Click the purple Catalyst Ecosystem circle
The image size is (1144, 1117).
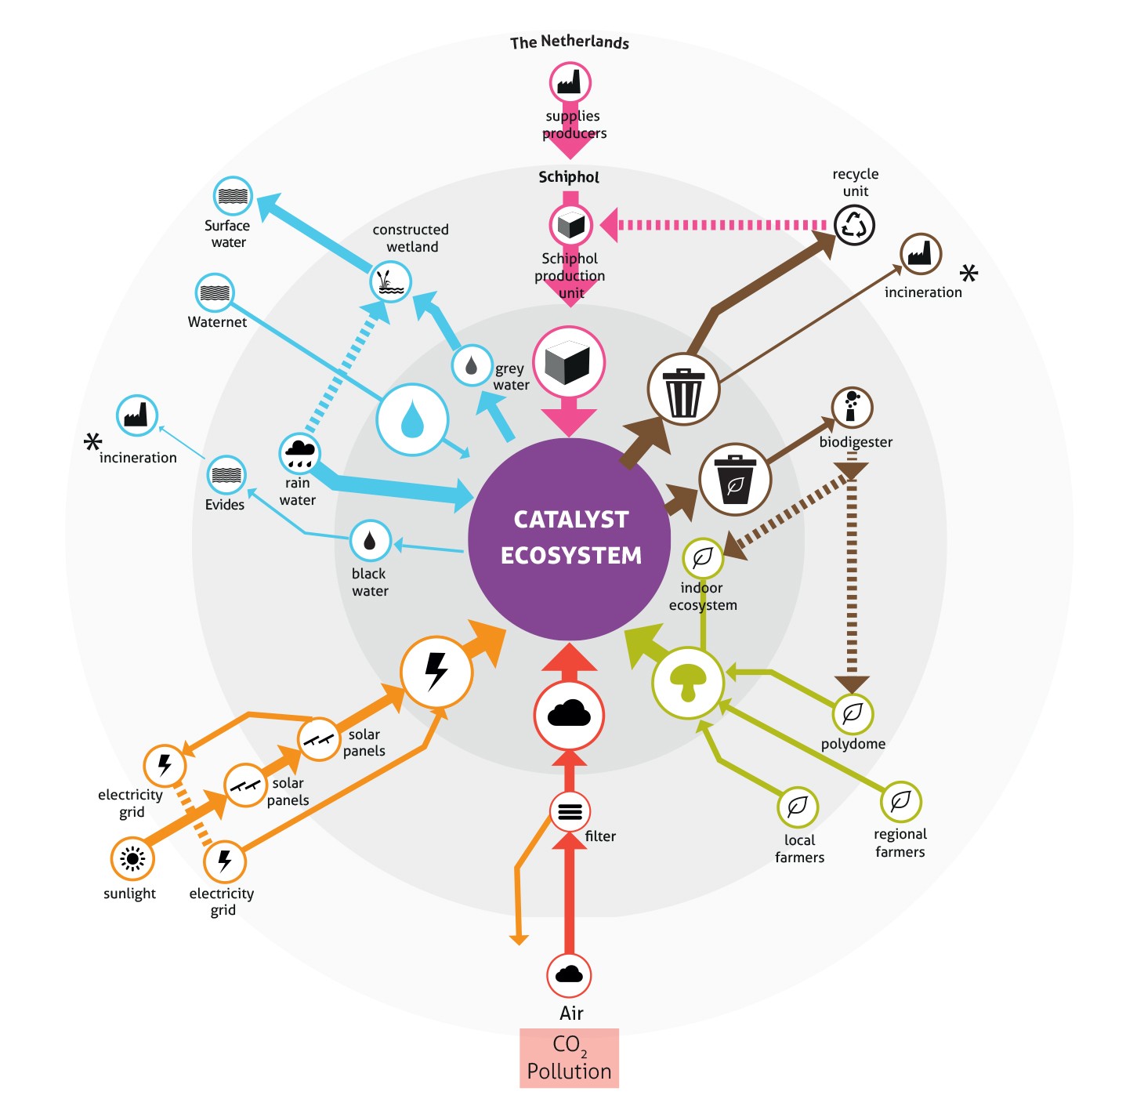point(570,539)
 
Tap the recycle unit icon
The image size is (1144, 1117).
point(853,225)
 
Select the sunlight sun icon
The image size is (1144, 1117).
point(132,858)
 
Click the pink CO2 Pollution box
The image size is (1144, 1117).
point(569,1058)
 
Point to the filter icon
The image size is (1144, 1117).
point(570,811)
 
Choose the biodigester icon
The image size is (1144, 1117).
point(852,408)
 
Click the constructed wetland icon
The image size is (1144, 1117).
point(390,281)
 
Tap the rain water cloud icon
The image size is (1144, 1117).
point(300,452)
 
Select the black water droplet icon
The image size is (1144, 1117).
point(370,541)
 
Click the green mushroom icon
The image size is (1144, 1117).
point(688,682)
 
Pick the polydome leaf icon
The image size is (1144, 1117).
point(852,713)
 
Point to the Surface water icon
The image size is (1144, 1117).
point(233,196)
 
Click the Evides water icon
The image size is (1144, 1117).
point(226,475)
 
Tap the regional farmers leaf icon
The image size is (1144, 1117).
point(900,801)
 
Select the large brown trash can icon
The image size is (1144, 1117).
point(683,390)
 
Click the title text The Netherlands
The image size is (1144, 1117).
point(570,42)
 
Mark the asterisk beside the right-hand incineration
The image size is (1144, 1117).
point(969,274)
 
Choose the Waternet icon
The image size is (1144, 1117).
point(215,293)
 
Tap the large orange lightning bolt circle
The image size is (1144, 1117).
point(436,672)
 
